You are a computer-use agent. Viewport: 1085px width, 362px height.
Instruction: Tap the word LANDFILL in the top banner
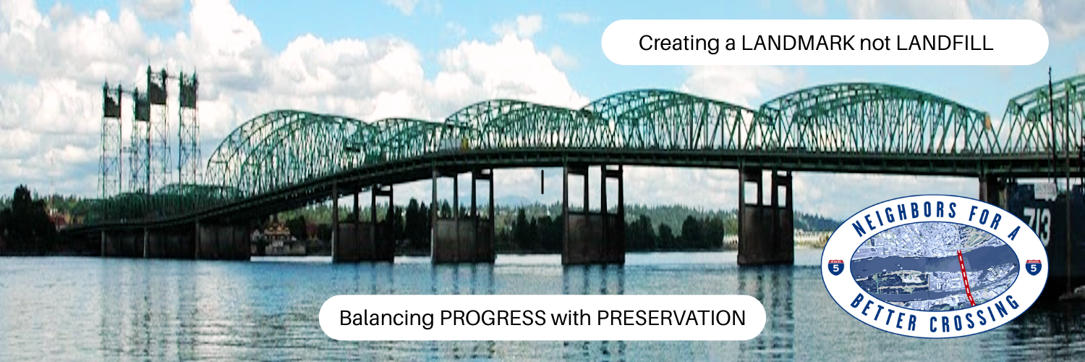(x=945, y=43)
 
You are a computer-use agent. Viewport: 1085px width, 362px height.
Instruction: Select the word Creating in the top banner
(x=679, y=43)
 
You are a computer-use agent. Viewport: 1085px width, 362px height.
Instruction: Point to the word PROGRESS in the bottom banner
(x=493, y=319)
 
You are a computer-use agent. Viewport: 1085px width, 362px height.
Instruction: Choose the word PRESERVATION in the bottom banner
(x=671, y=319)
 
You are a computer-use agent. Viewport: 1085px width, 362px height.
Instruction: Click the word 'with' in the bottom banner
(x=571, y=319)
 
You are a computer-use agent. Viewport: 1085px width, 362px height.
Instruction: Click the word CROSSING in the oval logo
(x=974, y=314)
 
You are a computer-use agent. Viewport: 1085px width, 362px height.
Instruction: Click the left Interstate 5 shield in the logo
(x=836, y=266)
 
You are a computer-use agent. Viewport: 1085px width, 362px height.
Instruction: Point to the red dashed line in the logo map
(x=966, y=278)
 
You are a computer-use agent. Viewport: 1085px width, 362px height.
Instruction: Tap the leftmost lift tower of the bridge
(x=112, y=140)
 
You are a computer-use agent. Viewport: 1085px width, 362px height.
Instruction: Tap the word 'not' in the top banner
(x=875, y=43)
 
